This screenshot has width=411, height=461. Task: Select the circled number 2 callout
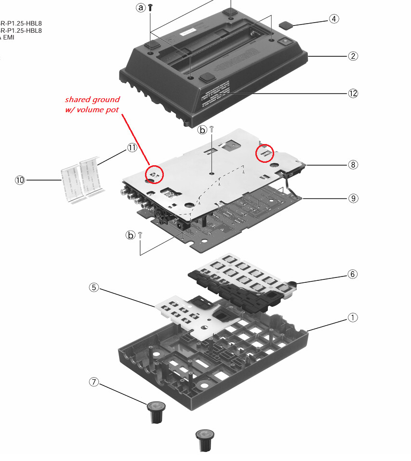click(353, 56)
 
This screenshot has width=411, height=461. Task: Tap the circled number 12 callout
click(353, 93)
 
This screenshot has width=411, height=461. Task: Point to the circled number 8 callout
click(353, 164)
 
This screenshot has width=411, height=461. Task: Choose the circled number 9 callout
click(353, 198)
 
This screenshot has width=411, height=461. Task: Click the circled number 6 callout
click(353, 274)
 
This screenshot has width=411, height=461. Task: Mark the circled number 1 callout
click(353, 317)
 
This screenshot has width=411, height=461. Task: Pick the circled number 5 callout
click(94, 288)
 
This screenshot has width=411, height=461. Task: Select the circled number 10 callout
click(20, 180)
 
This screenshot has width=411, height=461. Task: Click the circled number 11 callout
click(133, 148)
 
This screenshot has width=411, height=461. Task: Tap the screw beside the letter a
click(151, 7)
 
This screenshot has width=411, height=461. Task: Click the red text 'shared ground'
click(92, 100)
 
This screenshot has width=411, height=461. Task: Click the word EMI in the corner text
click(8, 37)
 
